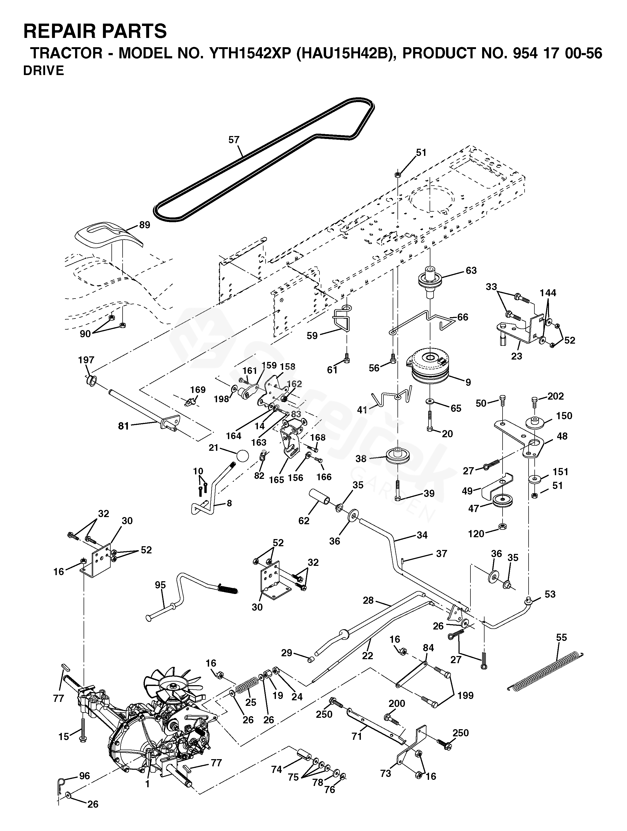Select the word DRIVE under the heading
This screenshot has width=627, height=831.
44,71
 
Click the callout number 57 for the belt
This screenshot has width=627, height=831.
234,140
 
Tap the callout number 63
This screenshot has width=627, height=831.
471,270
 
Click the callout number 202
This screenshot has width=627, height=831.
556,396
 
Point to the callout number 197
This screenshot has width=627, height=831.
86,360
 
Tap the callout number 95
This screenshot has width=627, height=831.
160,585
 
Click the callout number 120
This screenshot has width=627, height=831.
476,533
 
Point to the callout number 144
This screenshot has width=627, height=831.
548,293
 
